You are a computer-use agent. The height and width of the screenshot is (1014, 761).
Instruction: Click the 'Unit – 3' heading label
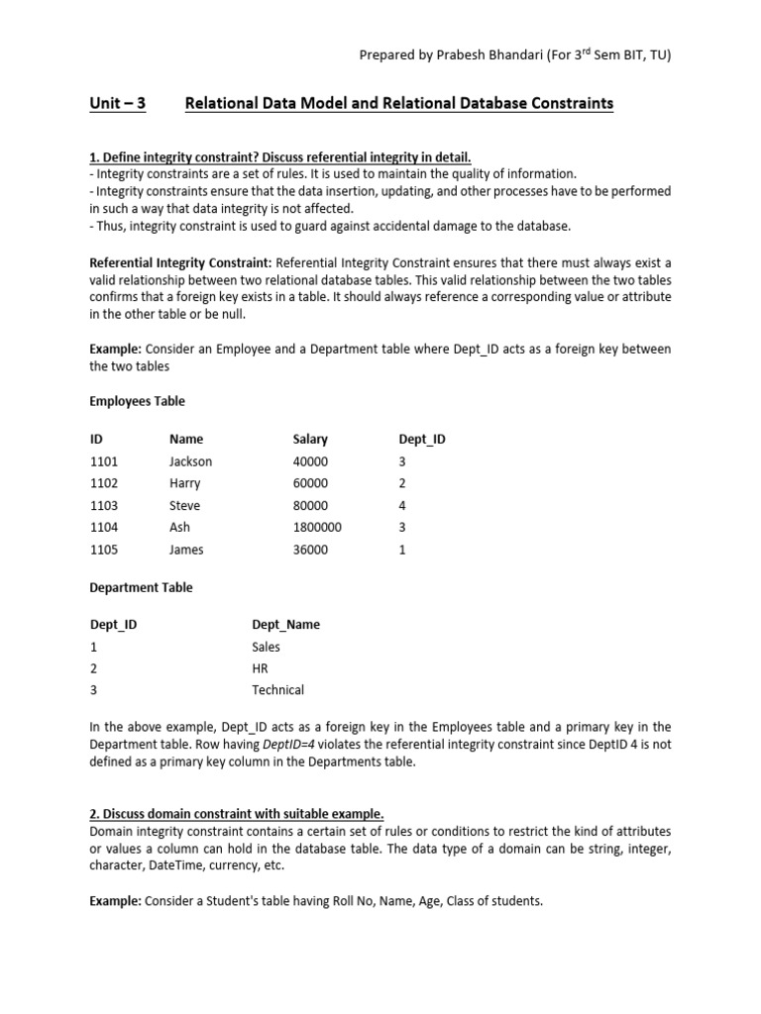117,103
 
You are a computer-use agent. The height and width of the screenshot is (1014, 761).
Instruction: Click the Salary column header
310,439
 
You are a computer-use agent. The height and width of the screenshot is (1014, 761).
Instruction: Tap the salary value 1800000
317,527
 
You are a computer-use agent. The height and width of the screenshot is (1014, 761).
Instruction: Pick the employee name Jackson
190,461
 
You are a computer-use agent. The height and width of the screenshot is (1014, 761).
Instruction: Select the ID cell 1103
103,505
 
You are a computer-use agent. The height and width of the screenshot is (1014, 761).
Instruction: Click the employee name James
186,549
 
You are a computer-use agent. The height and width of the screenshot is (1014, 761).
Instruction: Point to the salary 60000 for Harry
310,483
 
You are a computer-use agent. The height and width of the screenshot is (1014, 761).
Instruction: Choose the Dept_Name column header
286,624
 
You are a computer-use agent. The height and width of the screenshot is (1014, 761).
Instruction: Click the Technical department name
278,689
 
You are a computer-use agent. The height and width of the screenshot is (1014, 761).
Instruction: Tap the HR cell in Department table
261,667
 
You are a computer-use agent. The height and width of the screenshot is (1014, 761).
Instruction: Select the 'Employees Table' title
137,401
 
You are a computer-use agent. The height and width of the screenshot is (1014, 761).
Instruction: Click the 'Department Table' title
141,587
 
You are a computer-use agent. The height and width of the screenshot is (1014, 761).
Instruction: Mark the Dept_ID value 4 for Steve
402,505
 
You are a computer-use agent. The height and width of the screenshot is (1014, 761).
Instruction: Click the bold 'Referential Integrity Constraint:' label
180,262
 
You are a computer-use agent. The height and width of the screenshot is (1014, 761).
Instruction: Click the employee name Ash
179,527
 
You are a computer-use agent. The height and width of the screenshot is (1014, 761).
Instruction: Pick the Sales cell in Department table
267,646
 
